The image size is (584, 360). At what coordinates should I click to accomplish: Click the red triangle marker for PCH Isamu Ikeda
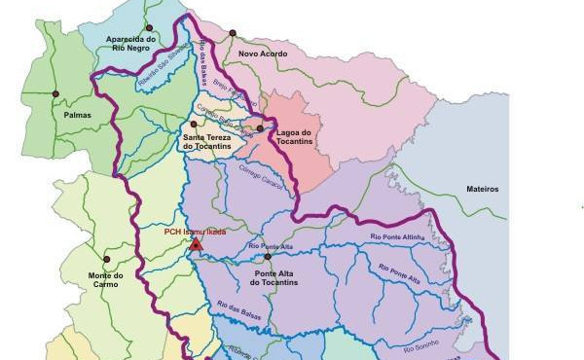tap(196, 244)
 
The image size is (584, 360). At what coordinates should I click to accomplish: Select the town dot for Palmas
tap(55, 94)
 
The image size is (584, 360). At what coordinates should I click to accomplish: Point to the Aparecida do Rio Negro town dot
tap(149, 27)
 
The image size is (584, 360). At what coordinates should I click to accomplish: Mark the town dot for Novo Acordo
tap(233, 33)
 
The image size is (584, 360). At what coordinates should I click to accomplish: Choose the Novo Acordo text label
tap(263, 54)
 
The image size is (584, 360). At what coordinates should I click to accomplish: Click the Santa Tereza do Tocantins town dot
tap(194, 125)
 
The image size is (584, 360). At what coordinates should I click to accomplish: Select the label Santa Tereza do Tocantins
tap(207, 142)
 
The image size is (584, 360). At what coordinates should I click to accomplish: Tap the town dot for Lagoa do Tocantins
tap(260, 128)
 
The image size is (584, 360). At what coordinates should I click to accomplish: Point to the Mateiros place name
tap(482, 189)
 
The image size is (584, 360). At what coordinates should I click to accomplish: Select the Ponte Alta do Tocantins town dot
tap(268, 257)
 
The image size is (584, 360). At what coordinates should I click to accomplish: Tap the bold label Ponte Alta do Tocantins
tap(274, 278)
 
